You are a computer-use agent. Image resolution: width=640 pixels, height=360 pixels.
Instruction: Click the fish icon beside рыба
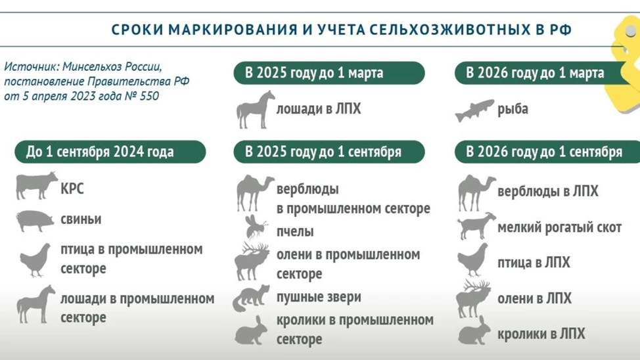(x=474, y=110)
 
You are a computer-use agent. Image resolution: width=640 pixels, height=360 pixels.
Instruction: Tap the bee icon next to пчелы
(x=256, y=227)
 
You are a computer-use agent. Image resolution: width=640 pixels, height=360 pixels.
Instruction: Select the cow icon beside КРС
(x=37, y=185)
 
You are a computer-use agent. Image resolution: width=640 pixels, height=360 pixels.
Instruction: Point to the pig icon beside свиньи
(x=35, y=221)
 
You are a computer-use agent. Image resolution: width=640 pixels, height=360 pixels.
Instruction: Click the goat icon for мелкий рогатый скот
(x=476, y=226)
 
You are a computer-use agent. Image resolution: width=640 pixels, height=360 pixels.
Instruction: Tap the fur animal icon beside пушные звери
(x=251, y=298)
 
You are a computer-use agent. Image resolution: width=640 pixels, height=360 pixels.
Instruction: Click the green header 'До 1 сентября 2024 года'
(x=110, y=152)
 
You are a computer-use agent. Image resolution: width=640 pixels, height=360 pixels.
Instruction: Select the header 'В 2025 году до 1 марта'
(x=329, y=73)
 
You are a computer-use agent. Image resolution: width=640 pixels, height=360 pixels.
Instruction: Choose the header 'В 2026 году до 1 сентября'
(x=547, y=152)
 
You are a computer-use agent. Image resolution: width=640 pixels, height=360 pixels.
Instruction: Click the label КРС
(x=72, y=189)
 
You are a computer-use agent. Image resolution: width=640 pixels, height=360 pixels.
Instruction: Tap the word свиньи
(x=81, y=219)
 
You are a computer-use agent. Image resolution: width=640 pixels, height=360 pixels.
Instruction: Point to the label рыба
(x=513, y=109)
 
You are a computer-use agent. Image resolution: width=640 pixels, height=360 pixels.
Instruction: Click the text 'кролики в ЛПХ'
(x=541, y=334)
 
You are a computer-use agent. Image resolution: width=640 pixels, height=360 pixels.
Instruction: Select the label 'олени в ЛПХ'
(x=534, y=298)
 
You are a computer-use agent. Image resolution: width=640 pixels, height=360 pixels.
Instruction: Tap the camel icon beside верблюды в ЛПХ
(x=476, y=192)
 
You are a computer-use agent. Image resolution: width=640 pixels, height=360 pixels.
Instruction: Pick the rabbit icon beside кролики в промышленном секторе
(x=251, y=330)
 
